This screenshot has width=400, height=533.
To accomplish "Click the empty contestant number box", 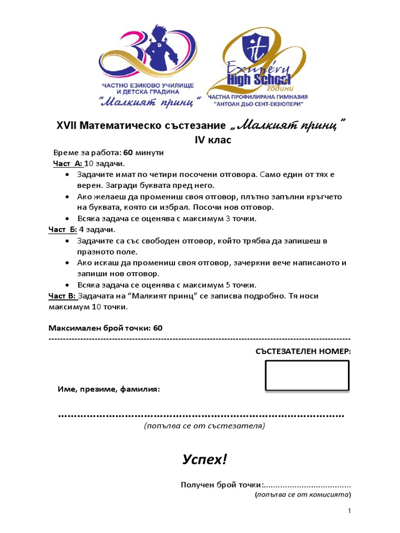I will coord(307,375).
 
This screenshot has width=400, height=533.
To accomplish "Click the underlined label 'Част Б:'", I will coord(63,230).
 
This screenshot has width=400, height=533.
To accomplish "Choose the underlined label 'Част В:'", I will coord(63,296).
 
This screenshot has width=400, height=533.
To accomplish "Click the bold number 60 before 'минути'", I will coord(128,153).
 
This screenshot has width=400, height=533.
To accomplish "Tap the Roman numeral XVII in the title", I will coord(67,126).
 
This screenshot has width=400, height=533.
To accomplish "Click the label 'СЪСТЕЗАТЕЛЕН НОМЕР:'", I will coord(303,351).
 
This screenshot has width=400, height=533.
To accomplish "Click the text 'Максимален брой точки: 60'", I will coord(106,328).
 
